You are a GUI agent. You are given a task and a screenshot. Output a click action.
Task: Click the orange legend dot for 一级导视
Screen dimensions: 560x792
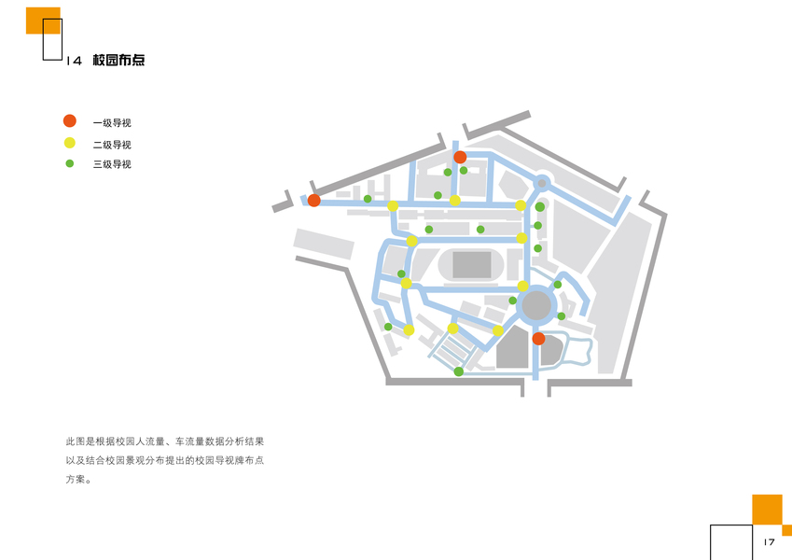(69, 121)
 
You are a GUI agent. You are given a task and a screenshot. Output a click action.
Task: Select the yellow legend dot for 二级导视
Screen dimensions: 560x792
(69, 144)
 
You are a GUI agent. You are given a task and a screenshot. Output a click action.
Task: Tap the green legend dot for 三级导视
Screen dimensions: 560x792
(69, 163)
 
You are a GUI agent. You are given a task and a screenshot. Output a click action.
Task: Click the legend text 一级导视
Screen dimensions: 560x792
(112, 122)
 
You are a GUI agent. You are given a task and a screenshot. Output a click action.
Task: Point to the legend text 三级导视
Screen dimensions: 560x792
(112, 164)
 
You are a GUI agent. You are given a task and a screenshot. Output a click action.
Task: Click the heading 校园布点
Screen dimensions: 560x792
(118, 61)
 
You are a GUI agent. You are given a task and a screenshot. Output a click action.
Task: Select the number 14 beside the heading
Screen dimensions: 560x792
(75, 62)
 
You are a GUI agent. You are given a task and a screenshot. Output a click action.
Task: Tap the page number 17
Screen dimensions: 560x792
(769, 542)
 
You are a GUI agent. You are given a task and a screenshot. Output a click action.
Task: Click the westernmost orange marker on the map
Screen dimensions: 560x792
(314, 200)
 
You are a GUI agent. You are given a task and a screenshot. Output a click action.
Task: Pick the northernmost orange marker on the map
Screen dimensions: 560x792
(460, 157)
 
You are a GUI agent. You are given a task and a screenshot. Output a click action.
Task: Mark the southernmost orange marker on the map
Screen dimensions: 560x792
(538, 339)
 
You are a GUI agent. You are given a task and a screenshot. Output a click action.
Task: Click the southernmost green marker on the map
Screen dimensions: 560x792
(458, 371)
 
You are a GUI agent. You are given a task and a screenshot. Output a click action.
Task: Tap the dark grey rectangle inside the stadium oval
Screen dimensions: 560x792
(472, 265)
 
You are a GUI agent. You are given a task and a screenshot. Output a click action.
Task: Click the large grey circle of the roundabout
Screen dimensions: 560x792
(536, 304)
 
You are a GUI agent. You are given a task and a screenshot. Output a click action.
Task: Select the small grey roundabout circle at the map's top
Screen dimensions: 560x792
(542, 183)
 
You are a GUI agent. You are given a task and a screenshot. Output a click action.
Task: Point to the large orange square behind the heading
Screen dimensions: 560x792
(43, 21)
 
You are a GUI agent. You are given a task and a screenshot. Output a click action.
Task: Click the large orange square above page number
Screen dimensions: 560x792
(766, 509)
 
